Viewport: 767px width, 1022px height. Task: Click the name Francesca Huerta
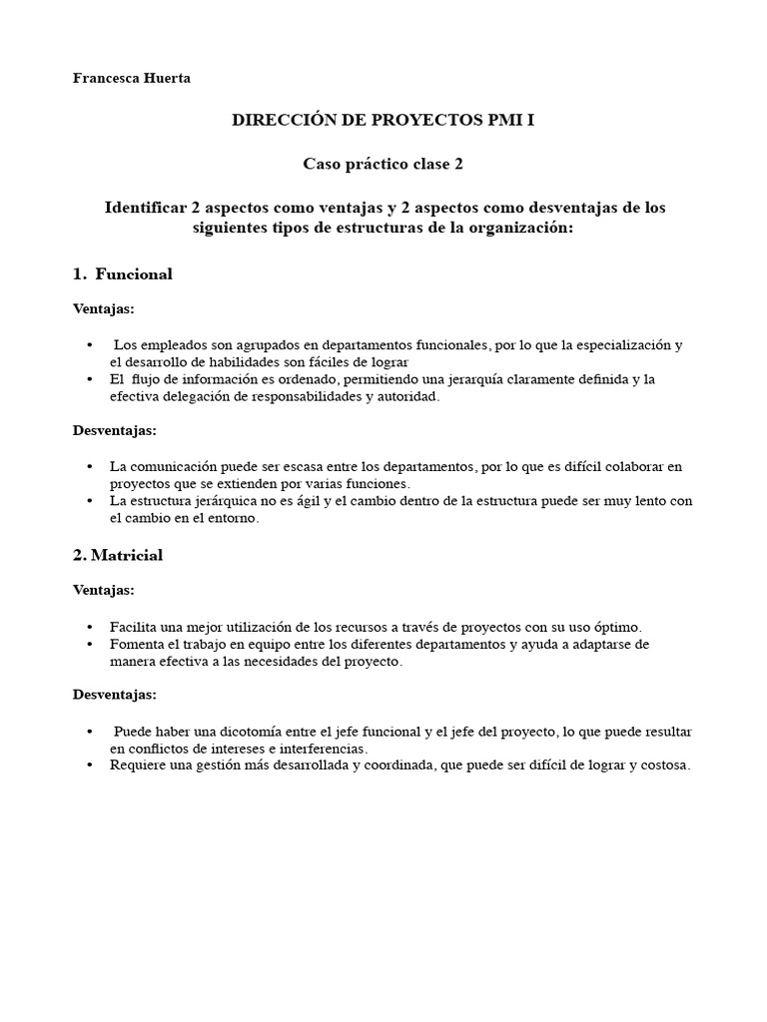click(131, 79)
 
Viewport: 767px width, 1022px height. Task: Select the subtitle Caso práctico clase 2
click(383, 163)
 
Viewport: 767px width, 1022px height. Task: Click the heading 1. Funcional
click(123, 273)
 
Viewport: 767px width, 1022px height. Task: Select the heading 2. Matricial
click(118, 555)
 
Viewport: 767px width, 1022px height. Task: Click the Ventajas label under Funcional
click(104, 308)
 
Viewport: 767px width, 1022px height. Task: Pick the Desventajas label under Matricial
click(115, 693)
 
